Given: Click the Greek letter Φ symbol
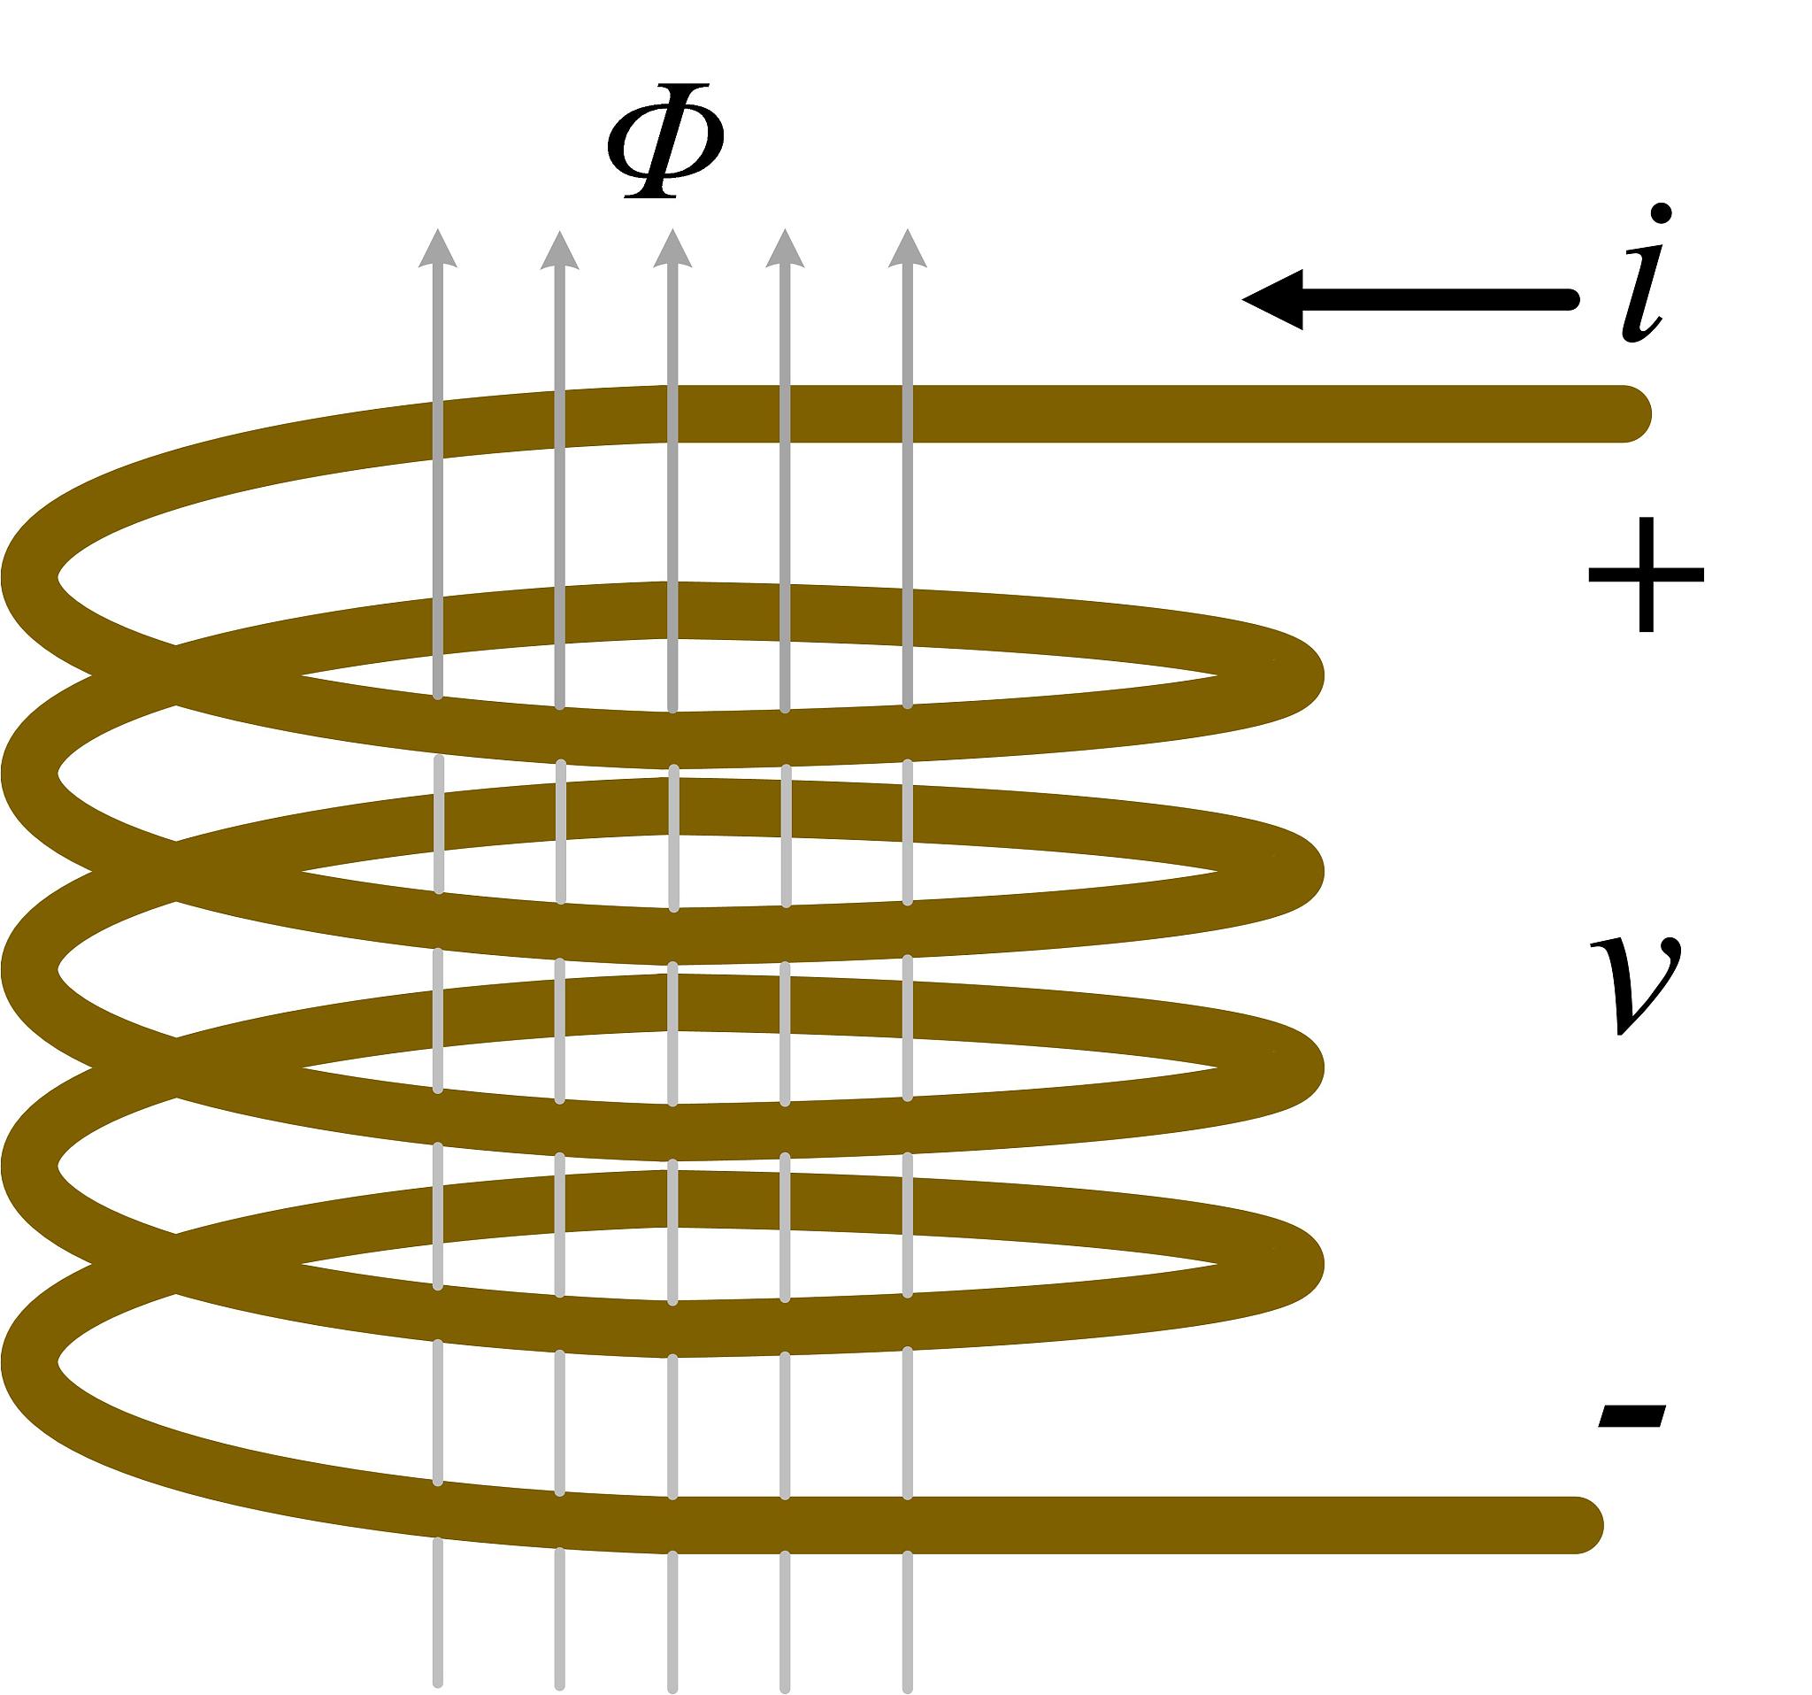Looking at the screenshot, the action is [666, 142].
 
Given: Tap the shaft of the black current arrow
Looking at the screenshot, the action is [1440, 299].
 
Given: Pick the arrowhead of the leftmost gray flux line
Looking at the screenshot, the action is [437, 249].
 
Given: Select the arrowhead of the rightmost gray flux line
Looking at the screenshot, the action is [907, 249].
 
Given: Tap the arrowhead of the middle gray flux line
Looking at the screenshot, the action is [672, 249].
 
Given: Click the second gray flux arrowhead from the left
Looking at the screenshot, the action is [560, 249].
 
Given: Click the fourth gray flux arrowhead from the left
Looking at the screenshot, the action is [785, 249].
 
